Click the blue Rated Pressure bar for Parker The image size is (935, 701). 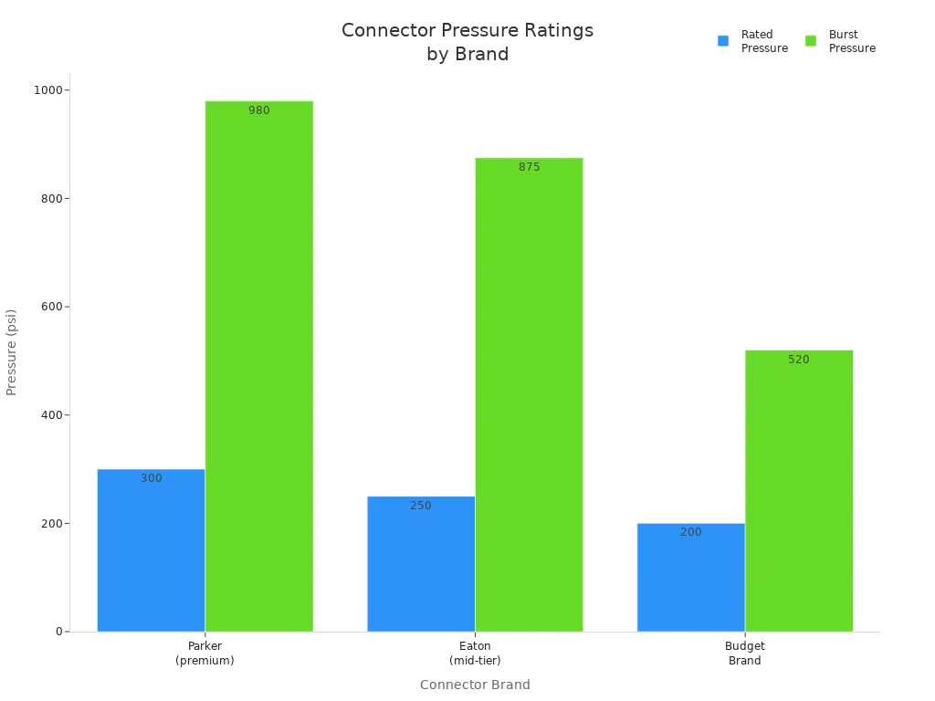click(151, 550)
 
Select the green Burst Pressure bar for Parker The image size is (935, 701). click(258, 366)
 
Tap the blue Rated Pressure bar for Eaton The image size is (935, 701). click(421, 564)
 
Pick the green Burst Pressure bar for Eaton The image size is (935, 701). click(529, 394)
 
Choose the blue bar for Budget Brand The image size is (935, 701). click(690, 578)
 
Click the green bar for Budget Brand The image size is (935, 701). click(799, 491)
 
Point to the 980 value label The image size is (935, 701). click(259, 110)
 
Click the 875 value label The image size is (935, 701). click(530, 167)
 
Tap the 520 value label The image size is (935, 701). click(799, 360)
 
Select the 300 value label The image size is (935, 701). click(152, 478)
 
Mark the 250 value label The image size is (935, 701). click(421, 506)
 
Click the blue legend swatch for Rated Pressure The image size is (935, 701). click(723, 41)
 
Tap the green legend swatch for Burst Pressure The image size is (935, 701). click(811, 41)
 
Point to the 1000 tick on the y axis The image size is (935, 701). click(47, 90)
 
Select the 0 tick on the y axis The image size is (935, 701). click(58, 632)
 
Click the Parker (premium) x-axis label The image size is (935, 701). click(205, 654)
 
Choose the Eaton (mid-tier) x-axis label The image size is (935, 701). click(475, 654)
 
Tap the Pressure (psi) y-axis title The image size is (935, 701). click(12, 352)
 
